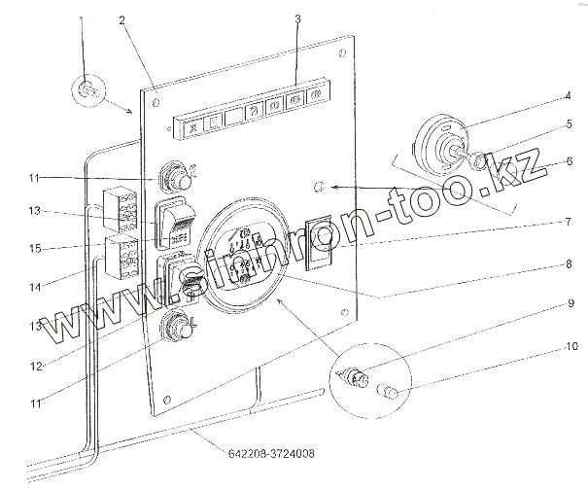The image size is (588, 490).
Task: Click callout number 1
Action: (81, 20)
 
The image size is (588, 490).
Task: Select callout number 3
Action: (297, 19)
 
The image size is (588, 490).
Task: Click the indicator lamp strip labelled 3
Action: (251, 109)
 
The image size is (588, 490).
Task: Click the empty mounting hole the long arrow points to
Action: (319, 185)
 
